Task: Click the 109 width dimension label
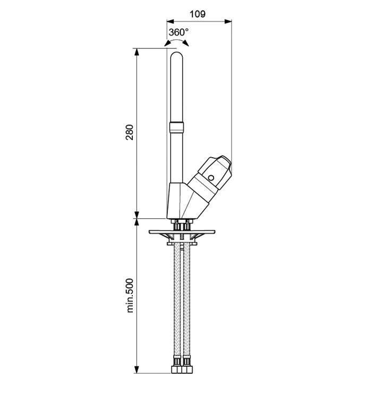[198, 14]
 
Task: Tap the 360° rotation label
[178, 32]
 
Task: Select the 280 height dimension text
[129, 132]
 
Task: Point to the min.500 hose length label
[130, 295]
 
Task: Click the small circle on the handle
[211, 178]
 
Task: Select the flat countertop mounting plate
[182, 231]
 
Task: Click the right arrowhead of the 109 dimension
[228, 22]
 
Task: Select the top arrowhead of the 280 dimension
[137, 52]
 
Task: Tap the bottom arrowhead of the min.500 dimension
[137, 370]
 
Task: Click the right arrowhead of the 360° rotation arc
[185, 43]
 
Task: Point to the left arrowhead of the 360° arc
[167, 43]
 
